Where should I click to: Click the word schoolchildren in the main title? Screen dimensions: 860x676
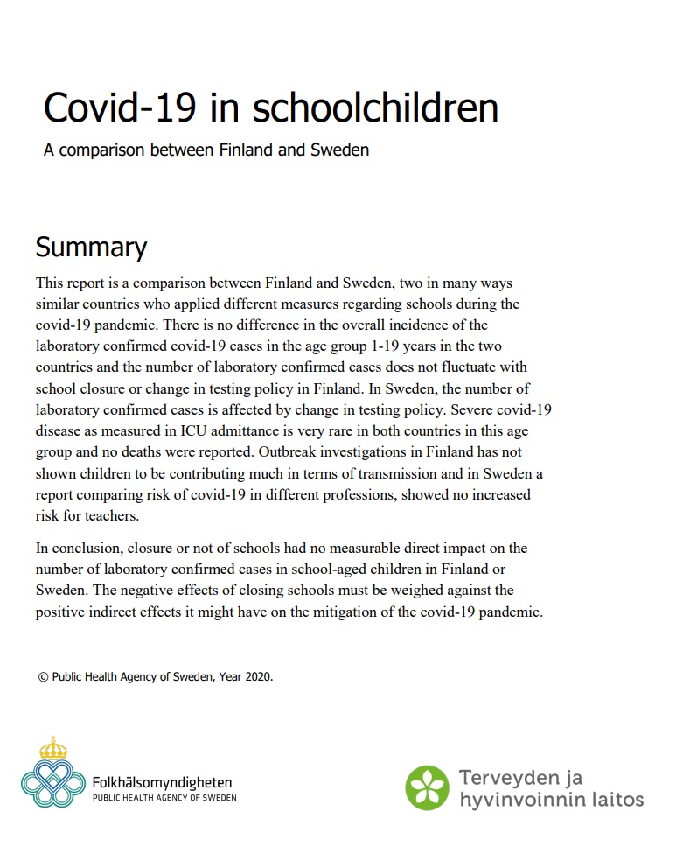click(375, 108)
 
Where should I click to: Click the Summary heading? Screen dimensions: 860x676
click(91, 248)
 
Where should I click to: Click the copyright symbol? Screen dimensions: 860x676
click(42, 676)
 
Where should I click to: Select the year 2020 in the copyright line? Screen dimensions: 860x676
click(259, 676)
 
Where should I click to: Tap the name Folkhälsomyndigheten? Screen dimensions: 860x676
click(162, 782)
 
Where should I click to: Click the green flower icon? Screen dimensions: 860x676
click(427, 787)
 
